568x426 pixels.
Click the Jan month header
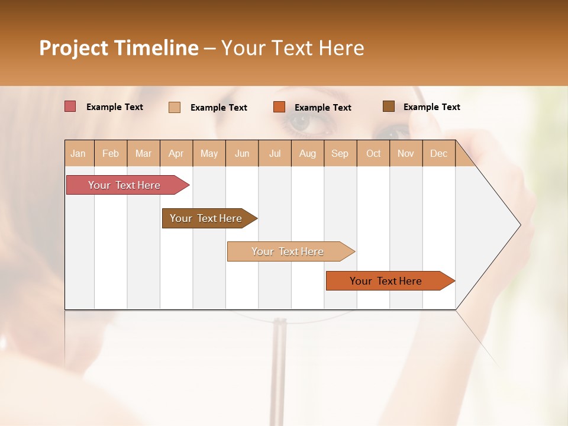pos(78,153)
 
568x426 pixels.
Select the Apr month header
pos(176,153)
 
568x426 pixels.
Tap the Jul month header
pos(275,153)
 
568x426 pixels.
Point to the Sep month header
pos(340,153)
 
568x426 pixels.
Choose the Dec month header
pos(438,153)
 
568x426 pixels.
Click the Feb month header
pos(111,153)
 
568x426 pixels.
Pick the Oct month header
pos(373,153)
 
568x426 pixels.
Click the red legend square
pos(70,106)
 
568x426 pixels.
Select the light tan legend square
pos(175,107)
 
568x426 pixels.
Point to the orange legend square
pos(279,107)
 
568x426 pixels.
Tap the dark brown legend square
pos(389,106)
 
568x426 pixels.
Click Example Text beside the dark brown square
pos(431,107)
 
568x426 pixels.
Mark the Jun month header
pos(242,153)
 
